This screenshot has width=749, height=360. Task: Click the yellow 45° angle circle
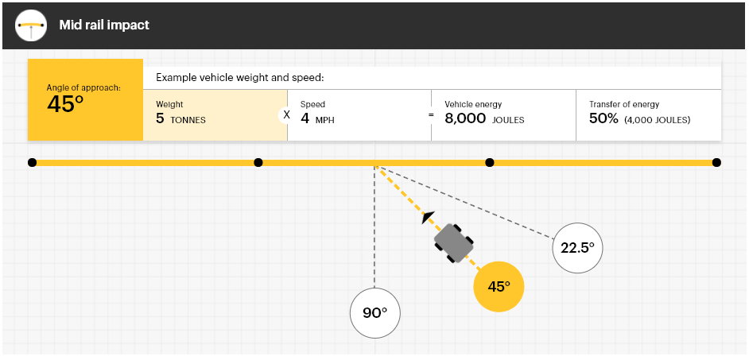click(499, 286)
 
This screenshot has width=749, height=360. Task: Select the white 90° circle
click(375, 313)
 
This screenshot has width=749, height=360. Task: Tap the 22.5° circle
click(577, 248)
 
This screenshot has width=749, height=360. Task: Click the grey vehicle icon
click(454, 242)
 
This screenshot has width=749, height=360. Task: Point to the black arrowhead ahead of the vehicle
click(428, 217)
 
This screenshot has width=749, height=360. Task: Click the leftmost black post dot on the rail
click(32, 163)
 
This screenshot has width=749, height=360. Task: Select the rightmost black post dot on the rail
click(716, 163)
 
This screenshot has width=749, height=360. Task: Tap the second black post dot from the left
click(258, 163)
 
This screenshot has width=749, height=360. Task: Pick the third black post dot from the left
click(490, 163)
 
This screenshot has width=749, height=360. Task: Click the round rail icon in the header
click(31, 25)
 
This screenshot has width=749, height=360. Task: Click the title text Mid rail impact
click(104, 25)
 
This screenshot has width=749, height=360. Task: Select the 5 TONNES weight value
click(180, 119)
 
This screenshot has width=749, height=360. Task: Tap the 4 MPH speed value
click(317, 119)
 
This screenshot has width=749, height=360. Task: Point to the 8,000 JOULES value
click(484, 119)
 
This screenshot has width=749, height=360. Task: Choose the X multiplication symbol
click(286, 115)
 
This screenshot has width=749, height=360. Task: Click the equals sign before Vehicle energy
click(431, 115)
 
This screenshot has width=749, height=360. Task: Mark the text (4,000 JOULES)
click(658, 120)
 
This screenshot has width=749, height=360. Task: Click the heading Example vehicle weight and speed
click(240, 78)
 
